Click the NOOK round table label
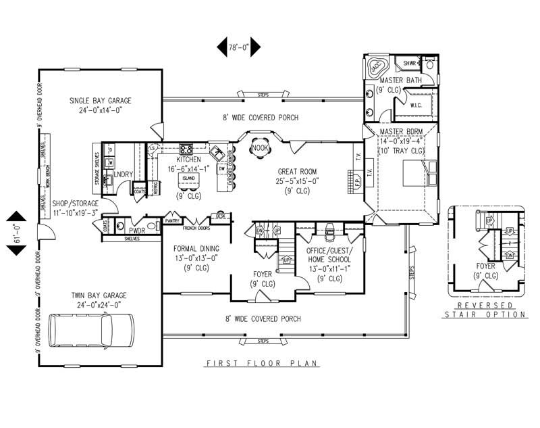tap(259, 147)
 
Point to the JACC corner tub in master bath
tap(375, 68)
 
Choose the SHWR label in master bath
tap(410, 63)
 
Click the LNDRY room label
tap(124, 174)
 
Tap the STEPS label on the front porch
tap(263, 341)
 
